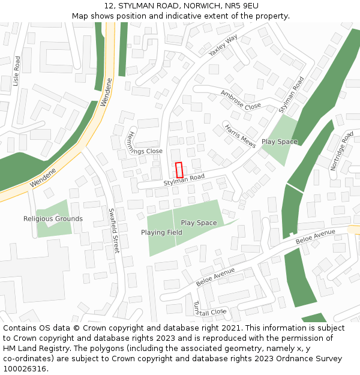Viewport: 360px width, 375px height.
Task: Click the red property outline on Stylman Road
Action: (179, 170)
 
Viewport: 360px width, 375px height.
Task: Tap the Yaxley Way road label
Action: (223, 46)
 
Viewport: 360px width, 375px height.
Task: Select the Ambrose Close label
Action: (241, 100)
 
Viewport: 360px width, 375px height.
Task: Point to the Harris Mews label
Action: (240, 136)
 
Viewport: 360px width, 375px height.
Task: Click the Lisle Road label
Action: (17, 71)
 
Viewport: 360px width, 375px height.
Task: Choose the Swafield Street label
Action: (113, 230)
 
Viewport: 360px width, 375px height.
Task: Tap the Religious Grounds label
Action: (53, 219)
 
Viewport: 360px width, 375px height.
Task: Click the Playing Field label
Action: (161, 232)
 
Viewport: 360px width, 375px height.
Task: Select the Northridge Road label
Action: (342, 151)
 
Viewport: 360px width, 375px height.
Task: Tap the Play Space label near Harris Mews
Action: (279, 142)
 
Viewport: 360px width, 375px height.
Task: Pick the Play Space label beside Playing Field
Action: (199, 223)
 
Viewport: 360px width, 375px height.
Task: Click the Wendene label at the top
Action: (106, 92)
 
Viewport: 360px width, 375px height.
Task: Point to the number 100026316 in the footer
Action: (24, 369)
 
